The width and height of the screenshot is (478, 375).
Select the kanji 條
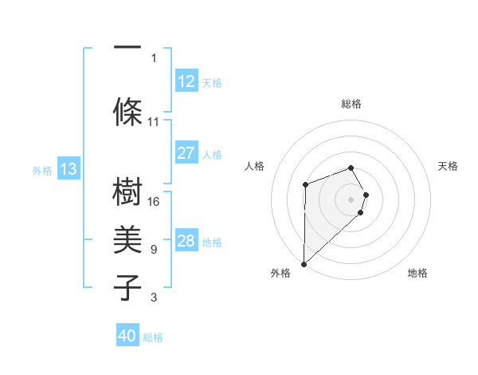[x=127, y=112]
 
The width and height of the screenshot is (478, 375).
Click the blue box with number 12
[x=186, y=81]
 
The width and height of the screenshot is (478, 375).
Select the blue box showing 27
[x=186, y=153]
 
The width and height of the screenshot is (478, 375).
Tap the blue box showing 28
[x=186, y=241]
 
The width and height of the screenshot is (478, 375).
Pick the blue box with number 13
[x=69, y=169]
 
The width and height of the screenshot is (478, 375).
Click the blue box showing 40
[x=127, y=336]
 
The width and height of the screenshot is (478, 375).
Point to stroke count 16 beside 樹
[x=154, y=202]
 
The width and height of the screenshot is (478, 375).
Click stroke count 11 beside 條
[x=154, y=122]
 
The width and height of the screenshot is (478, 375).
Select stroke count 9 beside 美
[x=154, y=250]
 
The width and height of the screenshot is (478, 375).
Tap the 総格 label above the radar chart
[x=351, y=104]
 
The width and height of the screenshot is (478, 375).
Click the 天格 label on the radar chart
[x=448, y=166]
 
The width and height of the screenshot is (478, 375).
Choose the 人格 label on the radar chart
[x=255, y=166]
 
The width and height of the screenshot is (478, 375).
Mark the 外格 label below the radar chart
[x=280, y=273]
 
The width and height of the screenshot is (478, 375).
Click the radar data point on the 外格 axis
[x=304, y=263]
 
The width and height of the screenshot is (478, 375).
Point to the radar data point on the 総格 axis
[x=351, y=168]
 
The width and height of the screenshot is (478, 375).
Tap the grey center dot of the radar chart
[x=351, y=199]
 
